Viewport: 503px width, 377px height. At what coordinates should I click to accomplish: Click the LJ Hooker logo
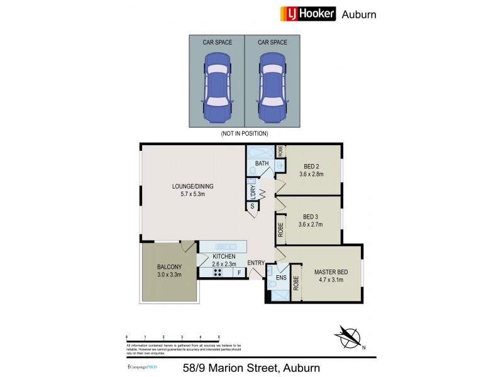tap(306, 14)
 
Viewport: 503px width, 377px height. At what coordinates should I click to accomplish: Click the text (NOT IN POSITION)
tap(244, 134)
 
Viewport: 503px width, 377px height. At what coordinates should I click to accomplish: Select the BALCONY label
tap(169, 270)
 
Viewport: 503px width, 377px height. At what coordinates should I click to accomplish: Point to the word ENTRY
tap(256, 263)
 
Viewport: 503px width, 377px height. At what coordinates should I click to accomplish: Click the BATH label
tap(262, 164)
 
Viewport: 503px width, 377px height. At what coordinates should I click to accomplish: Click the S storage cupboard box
tap(252, 206)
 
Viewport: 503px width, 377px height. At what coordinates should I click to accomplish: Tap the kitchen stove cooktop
tap(208, 273)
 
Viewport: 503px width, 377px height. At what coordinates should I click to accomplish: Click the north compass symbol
tap(349, 337)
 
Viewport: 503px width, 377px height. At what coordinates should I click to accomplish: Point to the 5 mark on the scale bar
tap(219, 338)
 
